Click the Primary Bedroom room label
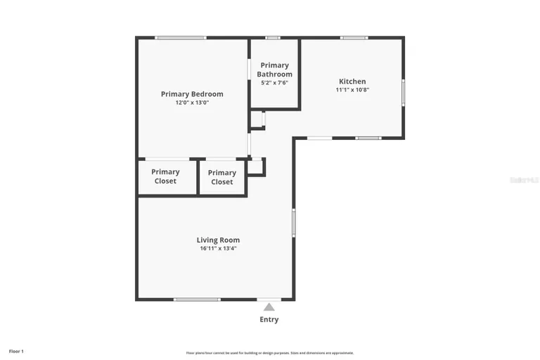tap(192, 94)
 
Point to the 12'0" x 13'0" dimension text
tap(192, 103)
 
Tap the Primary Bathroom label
tap(274, 70)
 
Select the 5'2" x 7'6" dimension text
tap(274, 83)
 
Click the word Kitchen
tap(352, 82)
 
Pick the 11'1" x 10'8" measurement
tap(352, 90)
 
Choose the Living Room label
tap(218, 240)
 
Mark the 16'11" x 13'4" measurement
tap(218, 248)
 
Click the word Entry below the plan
tap(269, 319)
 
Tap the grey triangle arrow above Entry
tap(269, 307)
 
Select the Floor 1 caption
tap(16, 350)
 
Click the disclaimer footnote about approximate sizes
tap(270, 353)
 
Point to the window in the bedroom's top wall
tap(181, 37)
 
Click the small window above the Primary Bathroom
tap(273, 37)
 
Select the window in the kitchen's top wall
tap(354, 37)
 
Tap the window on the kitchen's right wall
tap(403, 91)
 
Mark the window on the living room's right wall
tap(293, 223)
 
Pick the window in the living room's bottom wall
tap(197, 300)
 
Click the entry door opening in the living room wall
tap(269, 300)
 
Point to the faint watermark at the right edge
tap(524, 181)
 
